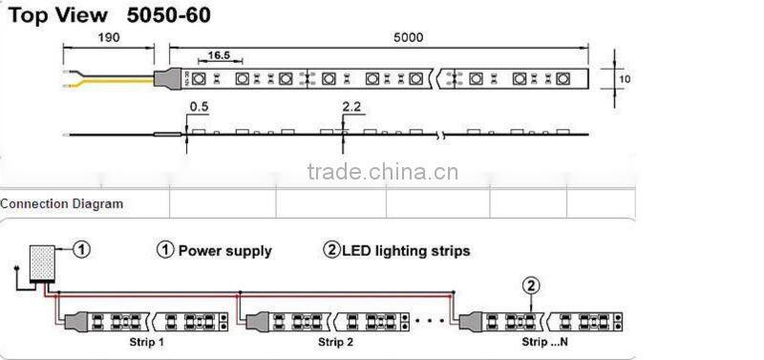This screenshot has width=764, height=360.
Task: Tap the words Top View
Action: click(x=53, y=14)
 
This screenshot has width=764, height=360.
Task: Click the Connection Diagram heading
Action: click(x=62, y=203)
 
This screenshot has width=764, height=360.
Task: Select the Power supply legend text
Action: click(x=225, y=251)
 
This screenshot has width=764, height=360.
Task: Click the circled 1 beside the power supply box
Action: click(x=82, y=249)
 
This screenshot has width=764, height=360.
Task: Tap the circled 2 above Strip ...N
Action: click(x=532, y=284)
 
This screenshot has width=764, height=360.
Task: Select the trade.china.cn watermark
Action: click(x=382, y=172)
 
